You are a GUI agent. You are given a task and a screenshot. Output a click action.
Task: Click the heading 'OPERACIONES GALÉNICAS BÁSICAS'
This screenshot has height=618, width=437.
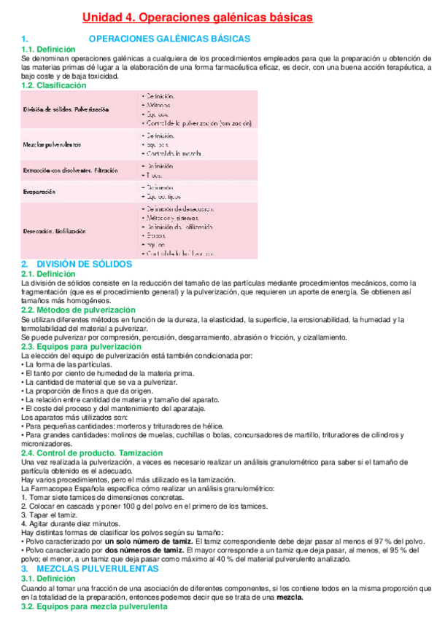[169, 39]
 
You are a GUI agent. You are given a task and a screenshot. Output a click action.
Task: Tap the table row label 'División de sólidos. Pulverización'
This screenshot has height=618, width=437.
[66, 109]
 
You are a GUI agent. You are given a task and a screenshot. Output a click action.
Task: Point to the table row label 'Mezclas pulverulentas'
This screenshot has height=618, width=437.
[52, 144]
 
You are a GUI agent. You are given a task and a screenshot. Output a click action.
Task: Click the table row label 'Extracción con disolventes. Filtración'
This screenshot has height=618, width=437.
[70, 171]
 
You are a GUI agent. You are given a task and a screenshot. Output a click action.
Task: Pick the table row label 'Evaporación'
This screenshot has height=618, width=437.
[39, 192]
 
